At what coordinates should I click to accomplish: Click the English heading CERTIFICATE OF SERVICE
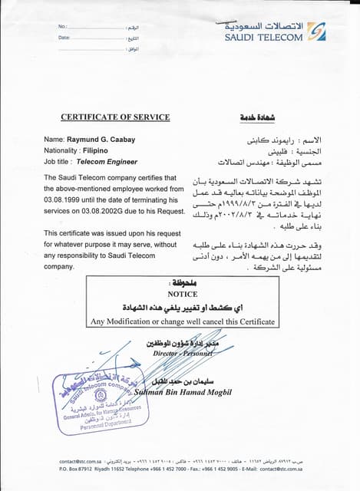coord(115,117)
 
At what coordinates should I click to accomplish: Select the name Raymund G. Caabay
coord(100,139)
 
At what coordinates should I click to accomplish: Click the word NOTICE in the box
coord(182,294)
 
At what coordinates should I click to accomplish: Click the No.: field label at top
coord(64,27)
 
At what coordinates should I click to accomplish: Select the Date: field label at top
coord(64,38)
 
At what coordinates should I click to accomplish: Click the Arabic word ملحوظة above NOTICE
coord(182,283)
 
